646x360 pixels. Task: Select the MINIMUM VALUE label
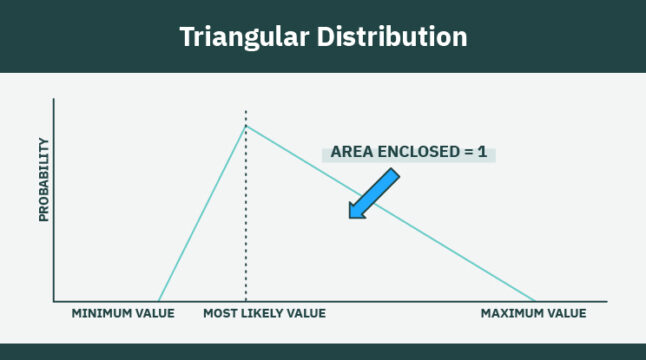[x=123, y=314]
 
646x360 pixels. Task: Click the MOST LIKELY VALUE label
[x=264, y=314]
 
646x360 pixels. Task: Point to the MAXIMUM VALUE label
[x=533, y=314]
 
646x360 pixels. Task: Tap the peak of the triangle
[x=246, y=125]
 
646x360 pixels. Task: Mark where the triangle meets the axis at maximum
[x=537, y=300]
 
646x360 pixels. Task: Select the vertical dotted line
[x=246, y=220]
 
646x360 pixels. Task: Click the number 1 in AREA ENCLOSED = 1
[x=482, y=153]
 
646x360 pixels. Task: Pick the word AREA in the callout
[x=349, y=153]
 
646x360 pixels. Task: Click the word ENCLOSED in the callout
[x=412, y=153]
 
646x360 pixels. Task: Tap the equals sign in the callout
[x=466, y=153]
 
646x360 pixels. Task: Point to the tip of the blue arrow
[x=349, y=216]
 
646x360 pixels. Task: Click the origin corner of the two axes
[x=53, y=300]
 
